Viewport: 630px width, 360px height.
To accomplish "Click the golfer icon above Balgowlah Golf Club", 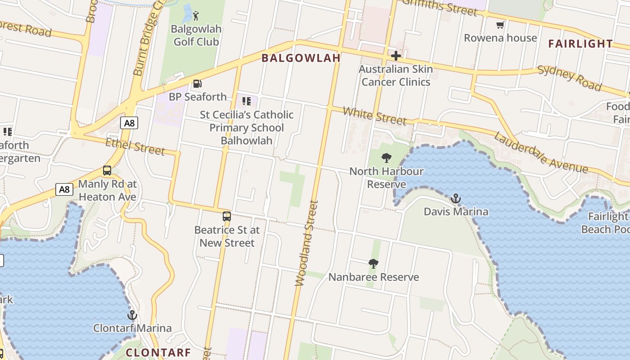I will click(x=196, y=17).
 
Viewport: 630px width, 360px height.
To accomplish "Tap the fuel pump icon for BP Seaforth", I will click(x=197, y=84).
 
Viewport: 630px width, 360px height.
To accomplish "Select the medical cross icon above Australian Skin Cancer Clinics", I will click(x=396, y=56).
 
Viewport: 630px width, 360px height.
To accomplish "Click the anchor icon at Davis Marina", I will click(x=456, y=198).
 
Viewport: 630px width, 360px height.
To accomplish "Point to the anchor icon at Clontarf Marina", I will click(x=132, y=315).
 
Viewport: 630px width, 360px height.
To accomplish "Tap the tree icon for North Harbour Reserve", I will click(x=386, y=158).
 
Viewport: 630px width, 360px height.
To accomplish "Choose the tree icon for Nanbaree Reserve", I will click(x=373, y=264).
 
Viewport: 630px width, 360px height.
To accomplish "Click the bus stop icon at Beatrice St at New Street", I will click(x=227, y=216).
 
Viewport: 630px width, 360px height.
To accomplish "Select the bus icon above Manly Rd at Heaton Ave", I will click(x=107, y=171).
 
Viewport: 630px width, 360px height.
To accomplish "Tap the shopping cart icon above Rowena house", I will click(x=500, y=25).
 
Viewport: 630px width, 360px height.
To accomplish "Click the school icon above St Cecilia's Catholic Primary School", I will click(x=247, y=101).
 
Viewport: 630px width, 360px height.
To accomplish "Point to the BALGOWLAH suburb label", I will click(x=301, y=58).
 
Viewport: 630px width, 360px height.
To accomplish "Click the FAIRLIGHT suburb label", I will click(x=580, y=44).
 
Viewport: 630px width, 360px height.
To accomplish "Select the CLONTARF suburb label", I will click(x=158, y=352).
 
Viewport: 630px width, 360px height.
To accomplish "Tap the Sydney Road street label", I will click(x=569, y=77).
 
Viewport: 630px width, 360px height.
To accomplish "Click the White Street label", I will click(x=374, y=116).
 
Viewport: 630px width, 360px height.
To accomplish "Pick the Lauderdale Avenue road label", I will click(x=540, y=153).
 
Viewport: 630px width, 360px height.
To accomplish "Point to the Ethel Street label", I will click(x=135, y=146).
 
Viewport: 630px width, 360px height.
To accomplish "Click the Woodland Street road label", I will click(x=306, y=243).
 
